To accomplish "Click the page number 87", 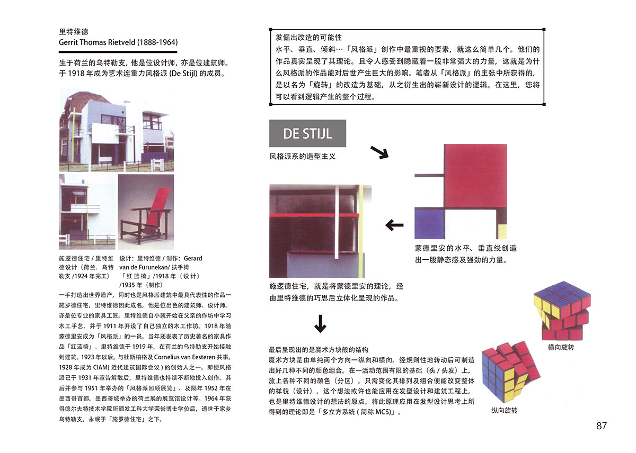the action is click(601, 425).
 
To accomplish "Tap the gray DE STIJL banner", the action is click(307, 133).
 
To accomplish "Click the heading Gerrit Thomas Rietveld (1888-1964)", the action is click(118, 42).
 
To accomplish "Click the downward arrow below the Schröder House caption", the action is click(320, 324).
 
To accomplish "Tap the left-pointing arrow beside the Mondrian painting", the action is click(394, 225).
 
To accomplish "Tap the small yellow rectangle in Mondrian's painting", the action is click(502, 231).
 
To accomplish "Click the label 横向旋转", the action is click(561, 347).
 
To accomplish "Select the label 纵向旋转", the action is click(504, 411).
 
